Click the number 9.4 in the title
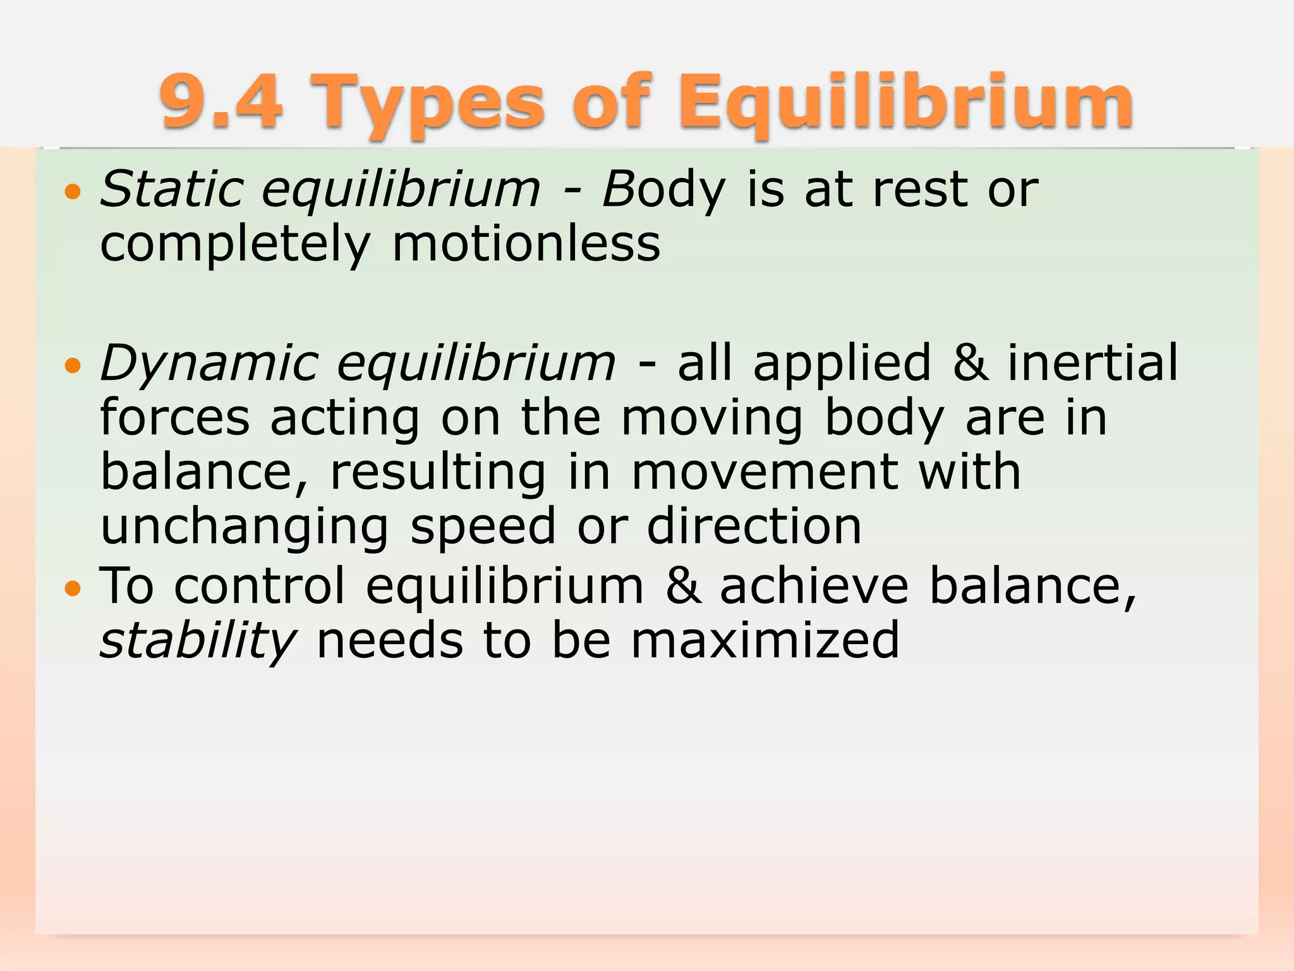coord(221,101)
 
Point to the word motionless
coord(526,244)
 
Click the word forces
coord(175,418)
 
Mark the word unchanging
coord(245,528)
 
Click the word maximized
coord(765,640)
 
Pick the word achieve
coord(814,585)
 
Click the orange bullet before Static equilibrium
coord(73,192)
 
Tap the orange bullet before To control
coord(73,589)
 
